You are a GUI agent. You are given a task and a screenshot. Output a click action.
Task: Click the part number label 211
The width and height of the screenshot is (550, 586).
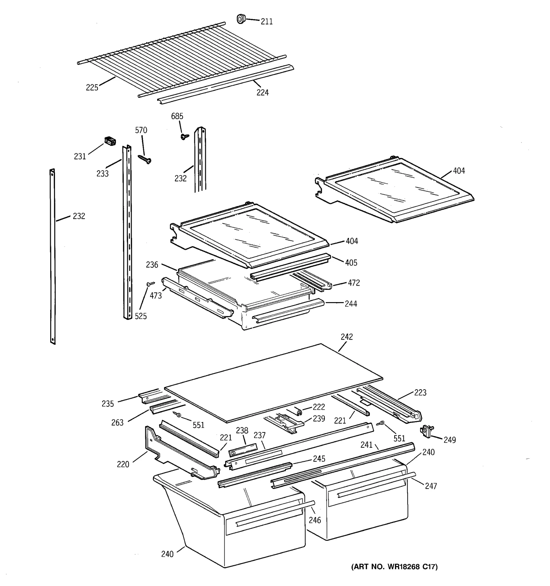[x=266, y=22]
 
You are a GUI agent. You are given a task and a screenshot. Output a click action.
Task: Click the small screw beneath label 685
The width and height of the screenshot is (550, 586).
[x=185, y=137]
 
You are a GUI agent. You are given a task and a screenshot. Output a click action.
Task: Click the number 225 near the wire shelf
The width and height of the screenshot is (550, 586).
[x=92, y=88]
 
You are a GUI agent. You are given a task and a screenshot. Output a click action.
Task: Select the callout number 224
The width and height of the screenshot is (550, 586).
[x=262, y=92]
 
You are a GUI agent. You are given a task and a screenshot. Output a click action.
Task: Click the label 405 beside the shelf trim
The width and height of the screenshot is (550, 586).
[x=351, y=263]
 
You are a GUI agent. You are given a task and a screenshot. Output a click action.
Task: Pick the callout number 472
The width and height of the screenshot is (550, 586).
[x=354, y=283]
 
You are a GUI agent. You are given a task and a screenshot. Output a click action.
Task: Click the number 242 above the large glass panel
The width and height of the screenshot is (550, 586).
[x=346, y=337]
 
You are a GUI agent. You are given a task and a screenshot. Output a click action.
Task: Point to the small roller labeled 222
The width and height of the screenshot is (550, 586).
[x=298, y=411]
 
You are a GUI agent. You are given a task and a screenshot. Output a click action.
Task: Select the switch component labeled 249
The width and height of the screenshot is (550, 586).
[x=427, y=431]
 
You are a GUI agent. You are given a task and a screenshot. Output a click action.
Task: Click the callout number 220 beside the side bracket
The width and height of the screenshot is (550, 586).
[x=123, y=464]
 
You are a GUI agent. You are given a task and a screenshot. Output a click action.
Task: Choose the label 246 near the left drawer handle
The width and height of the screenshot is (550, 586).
[x=315, y=520]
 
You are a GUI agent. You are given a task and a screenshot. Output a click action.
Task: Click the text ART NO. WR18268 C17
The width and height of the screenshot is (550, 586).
[x=394, y=566]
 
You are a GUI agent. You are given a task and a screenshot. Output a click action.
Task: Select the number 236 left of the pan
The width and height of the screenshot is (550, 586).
[x=152, y=265]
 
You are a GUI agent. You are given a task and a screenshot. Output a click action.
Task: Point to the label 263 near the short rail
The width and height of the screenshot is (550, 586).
[x=117, y=422]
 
